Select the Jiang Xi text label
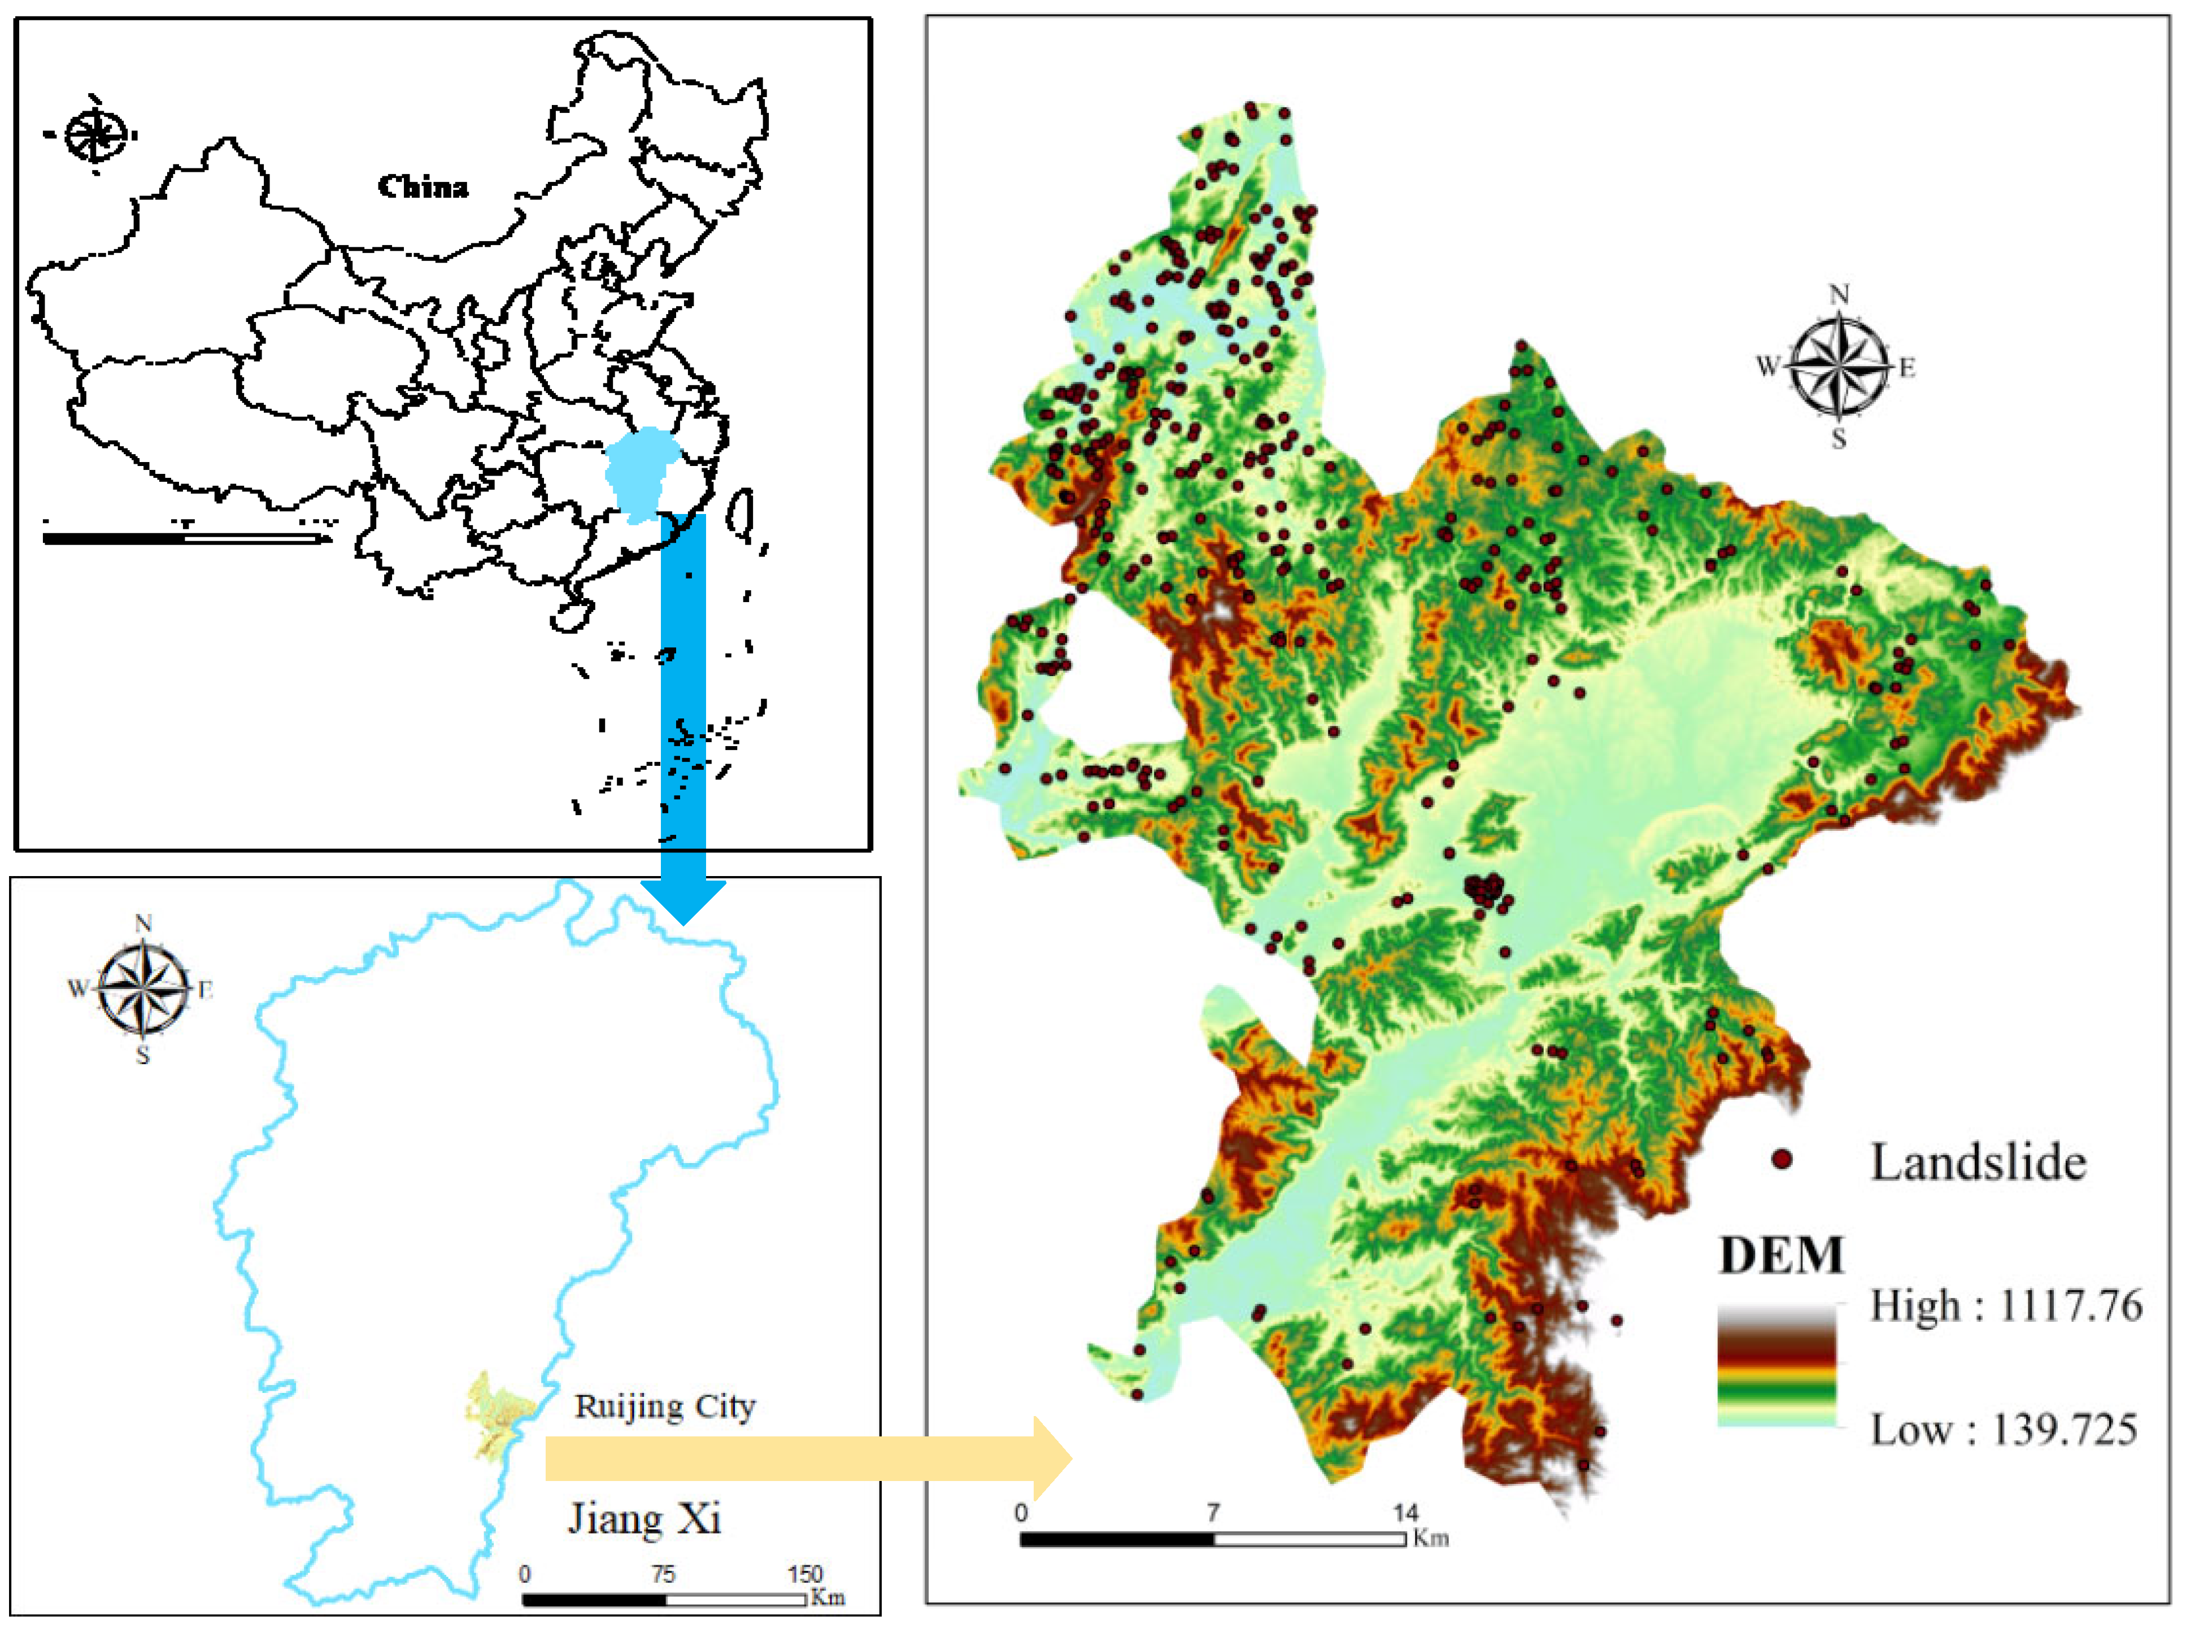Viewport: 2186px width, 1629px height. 644,1518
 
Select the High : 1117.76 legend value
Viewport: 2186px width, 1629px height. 2006,1306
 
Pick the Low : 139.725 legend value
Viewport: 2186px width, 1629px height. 2004,1430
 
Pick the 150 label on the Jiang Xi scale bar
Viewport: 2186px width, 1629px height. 804,1574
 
